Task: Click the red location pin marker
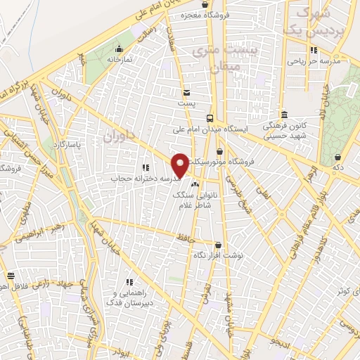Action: [x=181, y=165]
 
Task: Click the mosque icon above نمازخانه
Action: [x=119, y=49]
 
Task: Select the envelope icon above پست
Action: [x=186, y=93]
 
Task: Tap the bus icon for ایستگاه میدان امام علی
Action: [x=210, y=118]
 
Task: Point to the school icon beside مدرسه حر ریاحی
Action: [x=314, y=50]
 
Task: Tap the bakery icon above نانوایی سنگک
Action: [x=195, y=184]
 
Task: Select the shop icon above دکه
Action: [x=339, y=157]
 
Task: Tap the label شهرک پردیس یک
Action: [x=320, y=21]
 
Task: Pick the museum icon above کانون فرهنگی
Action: [x=284, y=115]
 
